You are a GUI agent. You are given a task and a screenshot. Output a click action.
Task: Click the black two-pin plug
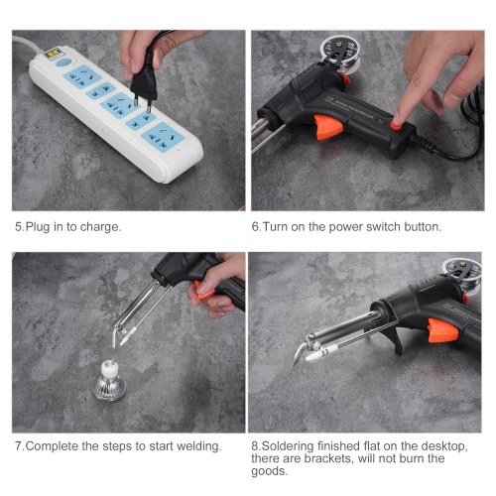(x=144, y=82)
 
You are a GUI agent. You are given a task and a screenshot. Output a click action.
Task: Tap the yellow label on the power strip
(x=54, y=54)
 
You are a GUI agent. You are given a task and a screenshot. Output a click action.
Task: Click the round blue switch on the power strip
(x=63, y=62)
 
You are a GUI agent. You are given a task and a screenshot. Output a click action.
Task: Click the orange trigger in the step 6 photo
(x=328, y=127)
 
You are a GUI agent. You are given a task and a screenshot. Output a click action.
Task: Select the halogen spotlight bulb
(x=109, y=380)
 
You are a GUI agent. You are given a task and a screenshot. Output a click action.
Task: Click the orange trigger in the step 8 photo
(x=442, y=330)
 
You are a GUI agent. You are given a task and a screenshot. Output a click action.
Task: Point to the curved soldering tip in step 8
(x=300, y=353)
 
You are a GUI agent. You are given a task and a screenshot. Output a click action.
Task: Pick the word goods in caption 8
(x=269, y=471)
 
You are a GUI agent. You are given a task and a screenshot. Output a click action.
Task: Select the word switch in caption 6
(x=384, y=227)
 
